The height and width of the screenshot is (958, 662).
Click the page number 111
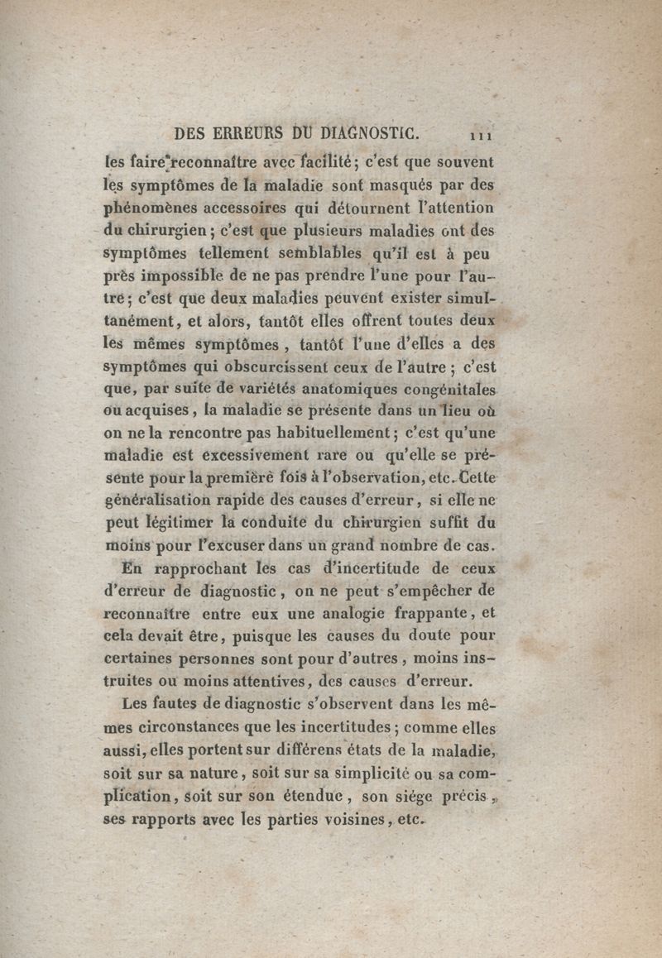481,134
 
